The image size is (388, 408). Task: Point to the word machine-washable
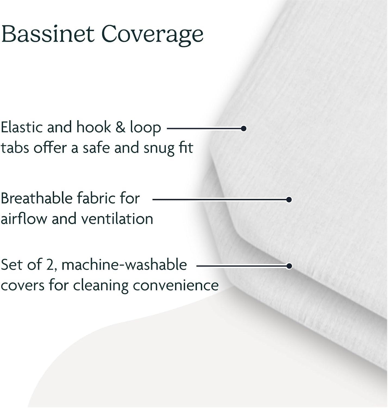point(124,264)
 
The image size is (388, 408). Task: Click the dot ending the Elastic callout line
point(244,128)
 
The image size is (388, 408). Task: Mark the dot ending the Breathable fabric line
point(289,200)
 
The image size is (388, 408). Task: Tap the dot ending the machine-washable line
point(289,266)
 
